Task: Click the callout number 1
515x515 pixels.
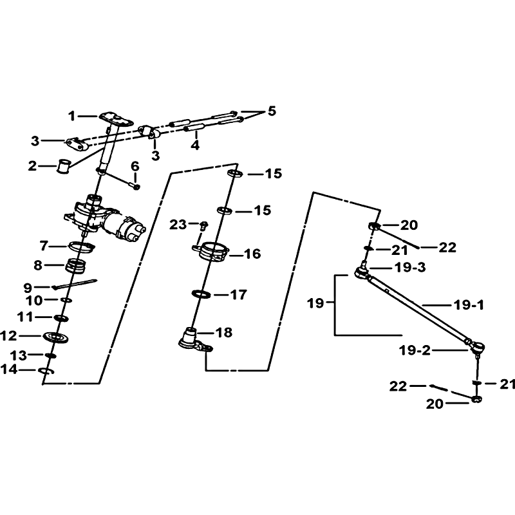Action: [72, 116]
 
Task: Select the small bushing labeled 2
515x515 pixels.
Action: [63, 166]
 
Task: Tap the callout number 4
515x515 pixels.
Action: [196, 145]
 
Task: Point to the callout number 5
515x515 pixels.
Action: [272, 111]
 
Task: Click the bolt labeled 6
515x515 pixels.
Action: [136, 186]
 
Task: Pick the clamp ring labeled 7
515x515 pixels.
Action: [81, 247]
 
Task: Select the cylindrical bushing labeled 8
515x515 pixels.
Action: [76, 265]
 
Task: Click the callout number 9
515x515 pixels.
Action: [28, 288]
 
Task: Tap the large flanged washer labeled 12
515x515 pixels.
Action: [55, 337]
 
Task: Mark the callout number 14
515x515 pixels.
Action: [8, 369]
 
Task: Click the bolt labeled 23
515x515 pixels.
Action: [203, 225]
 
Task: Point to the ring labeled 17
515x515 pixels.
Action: [201, 294]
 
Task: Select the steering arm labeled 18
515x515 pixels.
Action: [195, 341]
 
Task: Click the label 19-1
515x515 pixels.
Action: [469, 305]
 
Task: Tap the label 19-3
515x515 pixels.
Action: [410, 267]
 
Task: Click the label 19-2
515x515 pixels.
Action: [415, 350]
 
